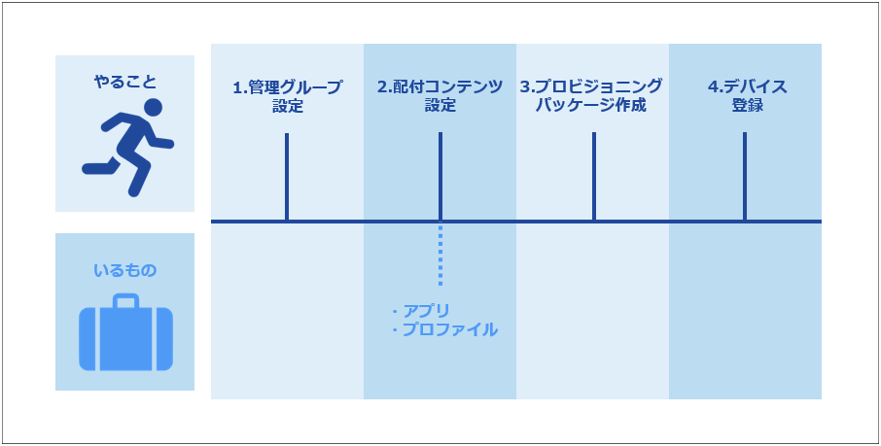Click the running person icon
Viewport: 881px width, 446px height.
click(127, 148)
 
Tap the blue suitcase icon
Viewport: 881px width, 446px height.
click(125, 332)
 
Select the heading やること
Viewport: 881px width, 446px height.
click(124, 82)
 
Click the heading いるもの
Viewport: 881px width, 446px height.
click(124, 271)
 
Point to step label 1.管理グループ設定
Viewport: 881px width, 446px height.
click(287, 96)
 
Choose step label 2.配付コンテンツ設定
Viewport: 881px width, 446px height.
click(440, 96)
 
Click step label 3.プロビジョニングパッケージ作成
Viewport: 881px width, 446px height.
click(591, 96)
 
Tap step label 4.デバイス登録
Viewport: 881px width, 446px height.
click(747, 96)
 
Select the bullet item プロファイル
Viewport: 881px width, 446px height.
click(444, 329)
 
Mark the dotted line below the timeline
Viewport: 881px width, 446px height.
click(440, 255)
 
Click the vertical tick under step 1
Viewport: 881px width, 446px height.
click(287, 177)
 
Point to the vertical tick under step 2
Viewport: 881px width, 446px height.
click(440, 177)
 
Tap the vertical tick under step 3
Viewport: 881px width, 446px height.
click(594, 177)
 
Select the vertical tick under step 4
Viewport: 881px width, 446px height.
click(745, 177)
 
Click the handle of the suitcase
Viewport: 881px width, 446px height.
click(125, 300)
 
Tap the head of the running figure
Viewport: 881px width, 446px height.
click(153, 107)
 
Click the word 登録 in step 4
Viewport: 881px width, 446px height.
click(747, 106)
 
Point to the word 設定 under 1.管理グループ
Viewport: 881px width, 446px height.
click(287, 106)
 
